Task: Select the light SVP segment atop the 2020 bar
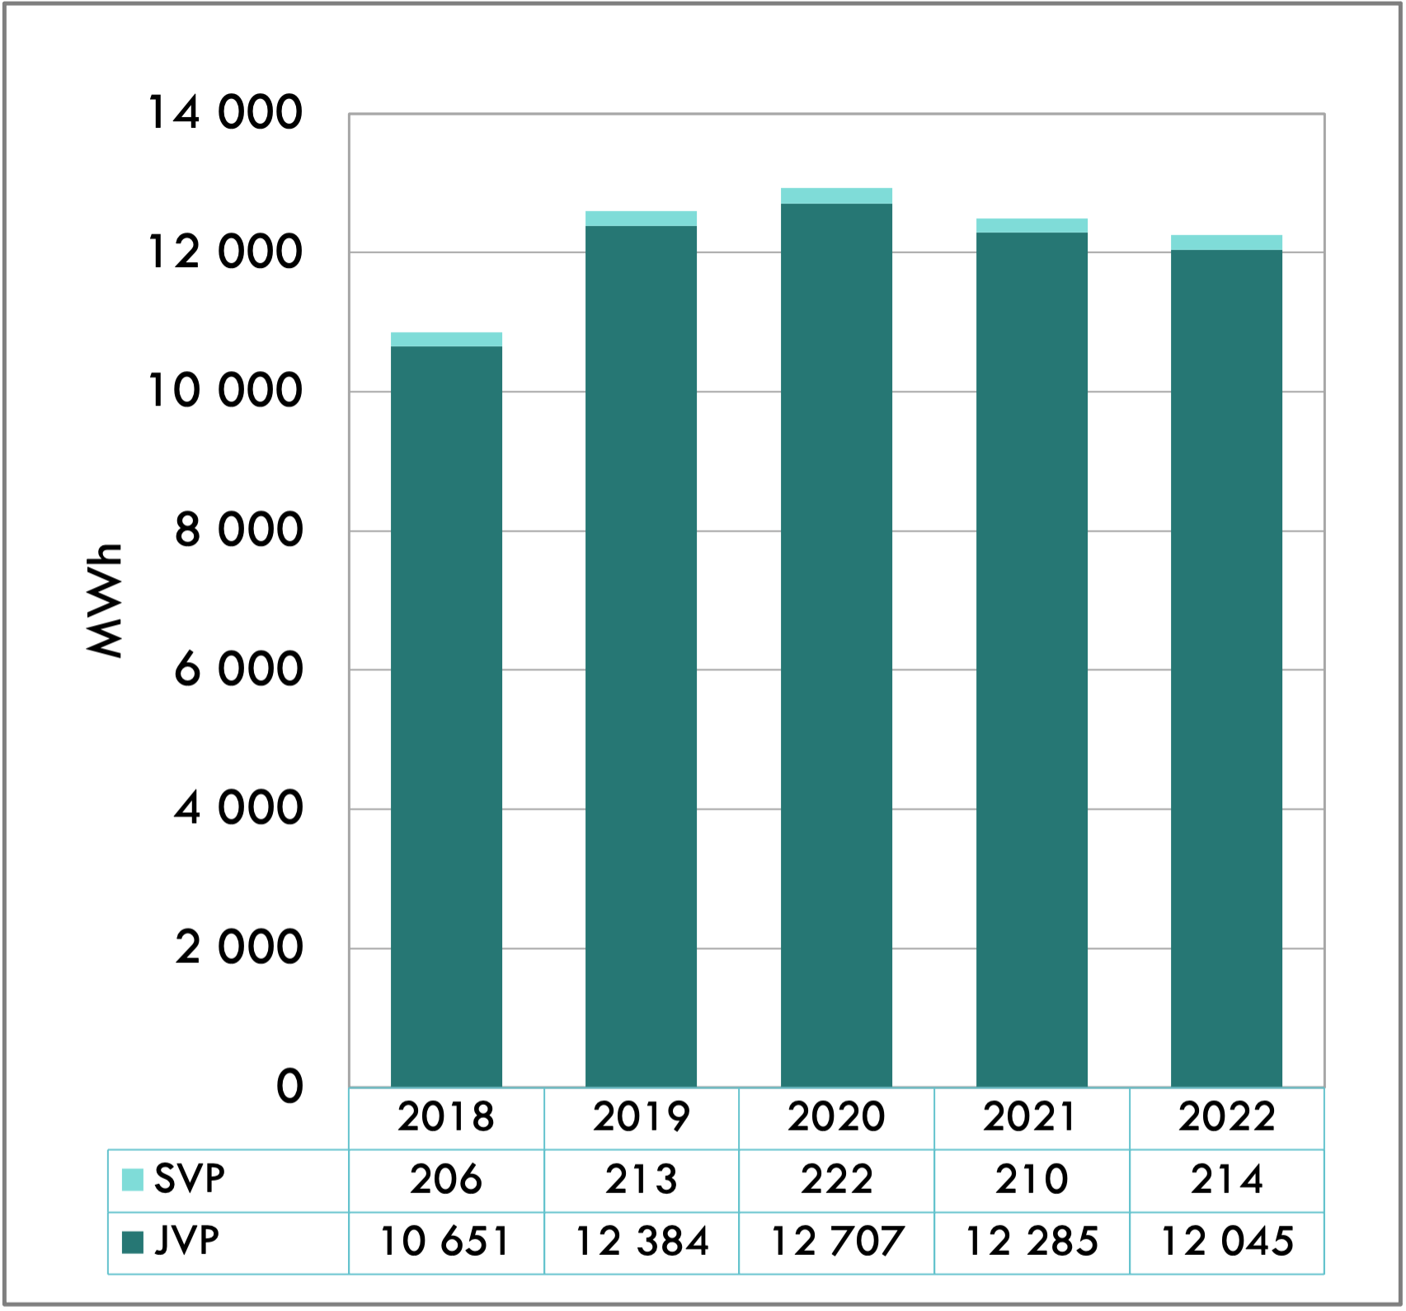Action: pos(836,196)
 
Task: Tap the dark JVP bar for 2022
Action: pos(1226,668)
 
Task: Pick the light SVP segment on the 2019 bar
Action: pos(641,218)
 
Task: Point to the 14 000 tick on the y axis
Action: pos(225,113)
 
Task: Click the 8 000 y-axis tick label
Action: pos(238,530)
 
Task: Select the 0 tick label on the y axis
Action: pos(289,1087)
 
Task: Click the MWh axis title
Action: pos(106,600)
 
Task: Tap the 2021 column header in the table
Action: pos(1031,1118)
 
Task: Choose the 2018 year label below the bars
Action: pos(446,1118)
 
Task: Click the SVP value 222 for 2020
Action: pos(836,1180)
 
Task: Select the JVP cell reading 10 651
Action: pos(446,1243)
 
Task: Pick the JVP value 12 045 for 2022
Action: pos(1226,1243)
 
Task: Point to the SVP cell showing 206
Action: pos(446,1180)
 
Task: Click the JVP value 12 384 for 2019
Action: pos(641,1243)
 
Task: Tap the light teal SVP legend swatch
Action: pos(133,1180)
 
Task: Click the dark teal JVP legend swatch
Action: pos(133,1242)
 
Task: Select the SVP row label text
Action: pos(190,1180)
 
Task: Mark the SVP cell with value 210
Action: pos(1031,1180)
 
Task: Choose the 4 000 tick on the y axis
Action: pos(238,808)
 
